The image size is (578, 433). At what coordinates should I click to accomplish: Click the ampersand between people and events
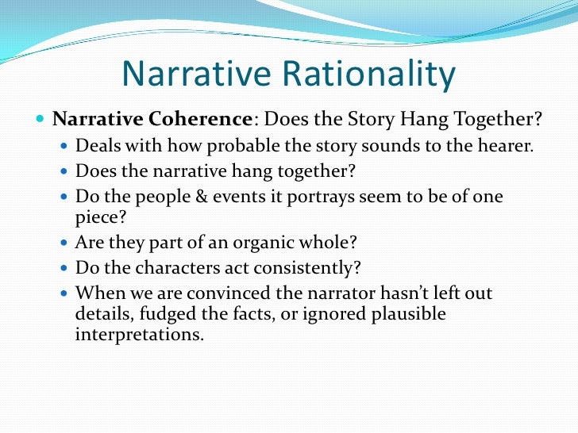202,196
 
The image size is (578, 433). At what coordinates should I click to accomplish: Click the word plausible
406,314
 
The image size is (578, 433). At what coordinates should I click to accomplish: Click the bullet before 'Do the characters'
66,269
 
